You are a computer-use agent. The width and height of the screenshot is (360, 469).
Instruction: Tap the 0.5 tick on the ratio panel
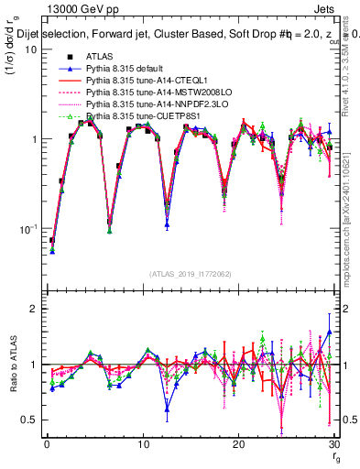[x=31, y=420]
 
